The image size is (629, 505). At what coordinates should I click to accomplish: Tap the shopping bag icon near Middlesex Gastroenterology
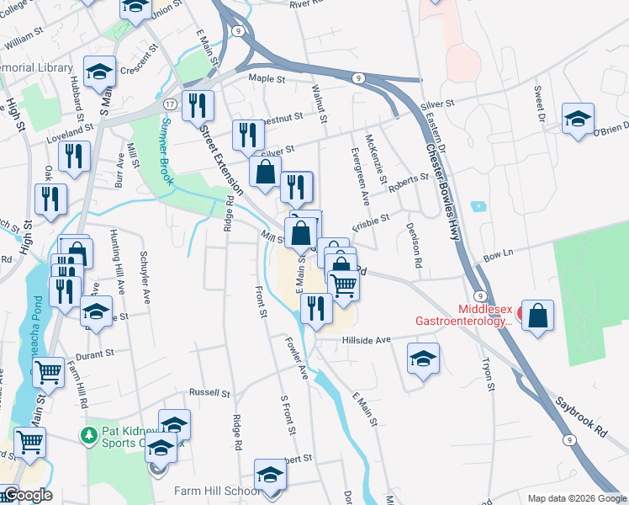(538, 316)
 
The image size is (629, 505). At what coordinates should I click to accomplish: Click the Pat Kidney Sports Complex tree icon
(87, 435)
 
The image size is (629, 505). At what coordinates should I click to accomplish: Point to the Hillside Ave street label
(367, 340)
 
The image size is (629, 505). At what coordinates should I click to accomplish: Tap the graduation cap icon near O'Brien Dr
(578, 120)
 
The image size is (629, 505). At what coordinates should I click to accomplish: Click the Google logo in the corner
(27, 495)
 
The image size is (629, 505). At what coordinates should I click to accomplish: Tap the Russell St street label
(209, 392)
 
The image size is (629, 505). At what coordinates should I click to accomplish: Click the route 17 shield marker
(171, 104)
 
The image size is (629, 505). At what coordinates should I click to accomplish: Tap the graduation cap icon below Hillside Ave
(423, 359)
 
